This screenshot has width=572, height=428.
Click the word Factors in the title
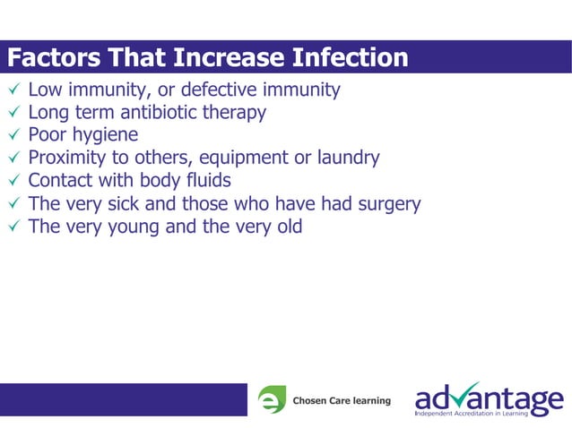[55, 59]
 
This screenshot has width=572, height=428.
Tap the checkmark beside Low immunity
[13, 90]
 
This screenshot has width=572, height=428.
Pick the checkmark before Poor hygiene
[13, 136]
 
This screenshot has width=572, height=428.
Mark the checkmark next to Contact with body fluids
[13, 181]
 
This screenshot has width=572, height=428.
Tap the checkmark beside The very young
[13, 227]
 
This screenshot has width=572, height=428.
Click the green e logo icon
[272, 400]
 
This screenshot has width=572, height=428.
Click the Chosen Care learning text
[342, 400]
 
